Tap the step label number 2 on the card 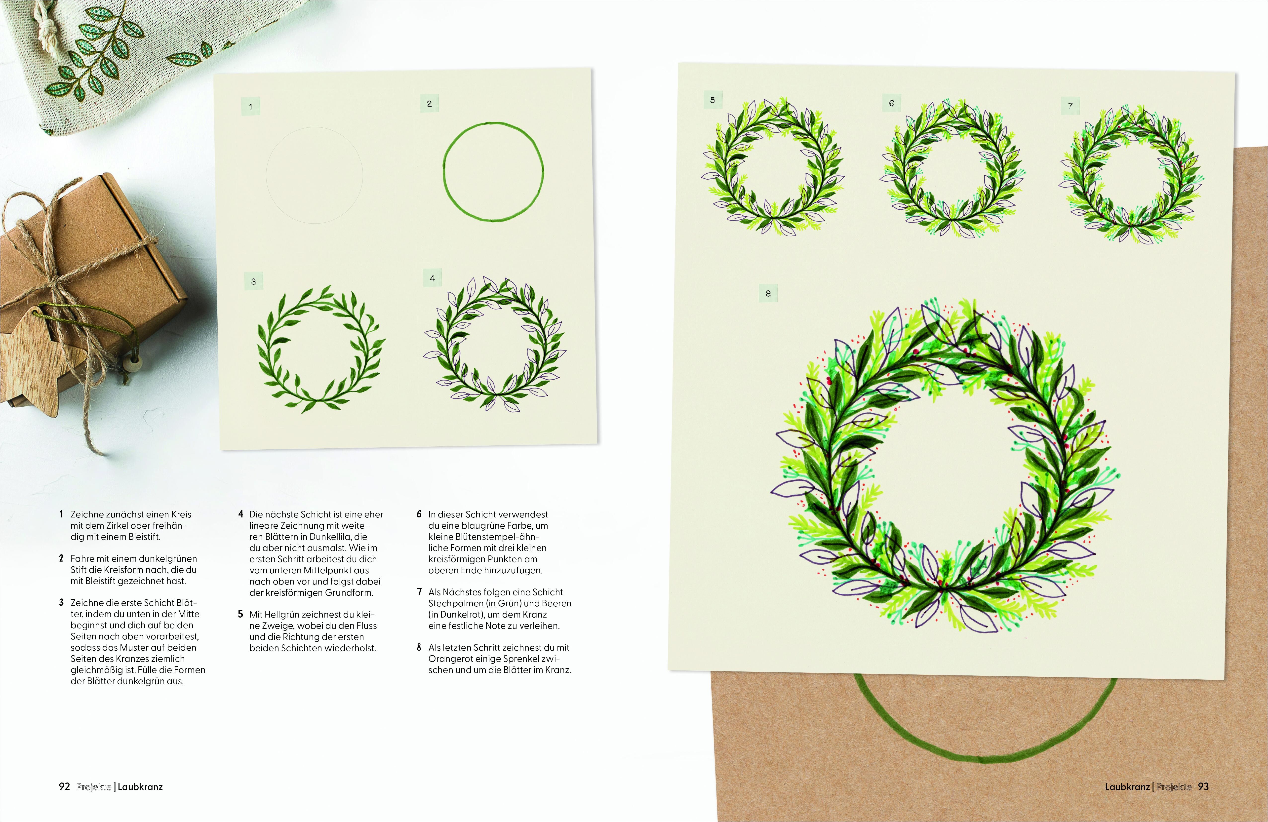[x=429, y=104]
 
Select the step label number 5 [x=713, y=100]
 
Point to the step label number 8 [x=768, y=294]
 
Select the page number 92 [x=64, y=787]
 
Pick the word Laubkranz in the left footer [x=140, y=787]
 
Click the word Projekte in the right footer [x=1174, y=787]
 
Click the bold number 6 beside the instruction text [x=419, y=514]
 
